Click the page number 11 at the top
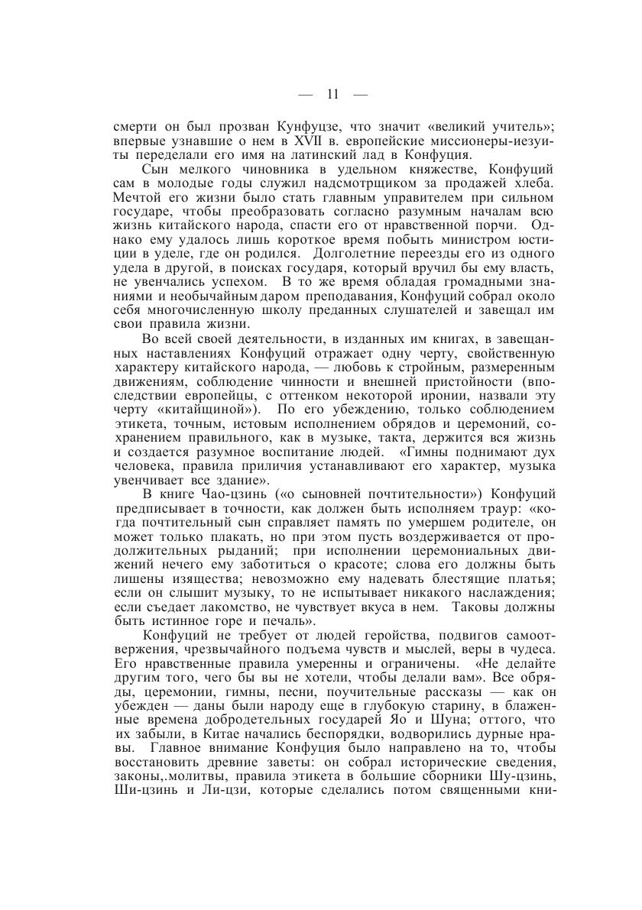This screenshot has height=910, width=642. click(x=332, y=95)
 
